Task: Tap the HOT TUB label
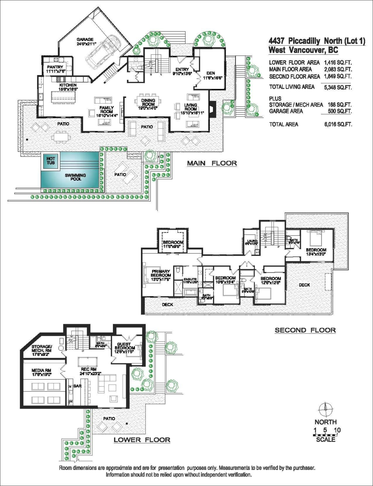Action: pos(51,161)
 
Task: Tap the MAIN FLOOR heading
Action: pos(211,164)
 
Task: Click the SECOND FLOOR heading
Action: pos(305,330)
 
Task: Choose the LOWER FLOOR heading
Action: pos(141,440)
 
